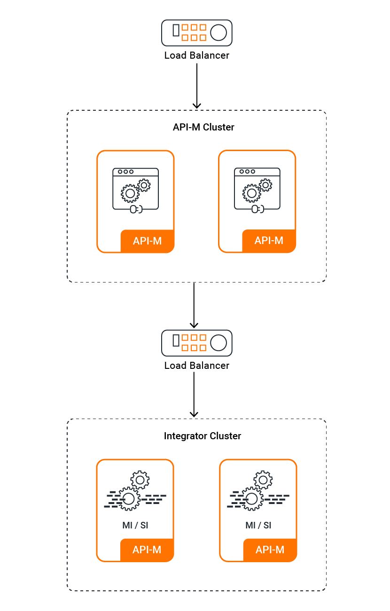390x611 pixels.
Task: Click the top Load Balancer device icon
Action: pos(196,33)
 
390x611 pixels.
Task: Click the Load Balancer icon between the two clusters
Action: pos(196,343)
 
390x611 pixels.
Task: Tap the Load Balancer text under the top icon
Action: pos(196,55)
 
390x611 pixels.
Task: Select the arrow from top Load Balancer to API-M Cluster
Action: pos(196,86)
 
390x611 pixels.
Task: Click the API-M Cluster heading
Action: pos(203,127)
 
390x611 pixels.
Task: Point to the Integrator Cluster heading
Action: pos(203,436)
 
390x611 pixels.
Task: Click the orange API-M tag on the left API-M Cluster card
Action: pos(147,241)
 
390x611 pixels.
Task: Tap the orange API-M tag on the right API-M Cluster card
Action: pos(269,241)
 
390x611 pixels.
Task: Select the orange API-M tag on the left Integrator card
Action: pos(147,550)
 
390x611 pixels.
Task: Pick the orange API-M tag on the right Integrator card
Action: pos(270,550)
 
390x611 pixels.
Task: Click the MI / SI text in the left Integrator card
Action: pos(135,525)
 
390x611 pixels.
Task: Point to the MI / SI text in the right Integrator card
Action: pos(258,525)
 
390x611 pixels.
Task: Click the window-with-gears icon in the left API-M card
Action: pos(135,191)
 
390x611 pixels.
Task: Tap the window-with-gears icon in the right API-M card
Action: pos(257,190)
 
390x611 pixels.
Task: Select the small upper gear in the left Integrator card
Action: pos(140,480)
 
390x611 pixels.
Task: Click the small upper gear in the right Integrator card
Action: pos(263,480)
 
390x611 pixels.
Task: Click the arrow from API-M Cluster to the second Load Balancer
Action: pos(194,305)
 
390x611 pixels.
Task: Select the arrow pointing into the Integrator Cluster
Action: pos(194,394)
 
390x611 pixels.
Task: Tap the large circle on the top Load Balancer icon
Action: pos(218,33)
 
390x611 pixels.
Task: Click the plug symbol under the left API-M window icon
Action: pos(136,209)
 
